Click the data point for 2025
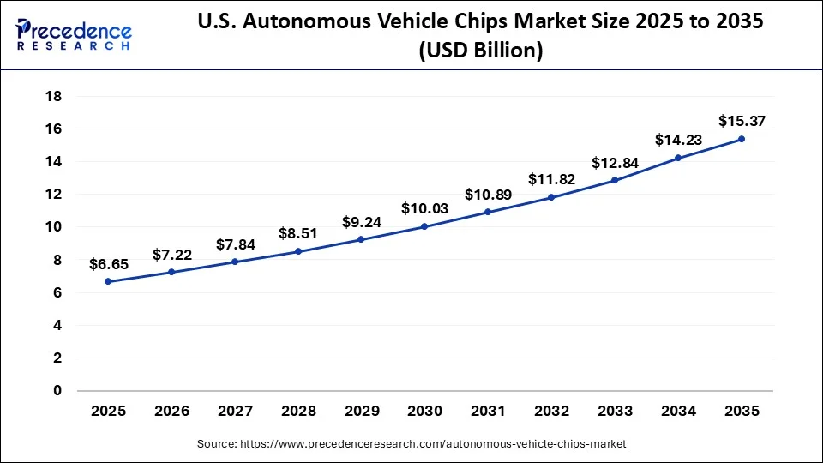tap(108, 281)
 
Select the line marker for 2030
tap(424, 226)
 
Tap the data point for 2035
tap(741, 139)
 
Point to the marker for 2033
tap(615, 180)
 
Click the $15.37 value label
tap(741, 119)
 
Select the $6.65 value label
tap(108, 265)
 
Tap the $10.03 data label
tap(424, 209)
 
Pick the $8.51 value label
tap(298, 233)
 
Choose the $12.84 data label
tap(615, 163)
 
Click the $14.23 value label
tap(677, 140)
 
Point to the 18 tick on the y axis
tap(53, 96)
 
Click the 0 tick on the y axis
tap(57, 390)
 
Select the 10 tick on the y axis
tap(53, 227)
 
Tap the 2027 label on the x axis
tap(235, 411)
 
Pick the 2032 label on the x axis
tap(551, 411)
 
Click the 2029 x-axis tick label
tap(361, 411)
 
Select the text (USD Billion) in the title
tap(480, 51)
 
